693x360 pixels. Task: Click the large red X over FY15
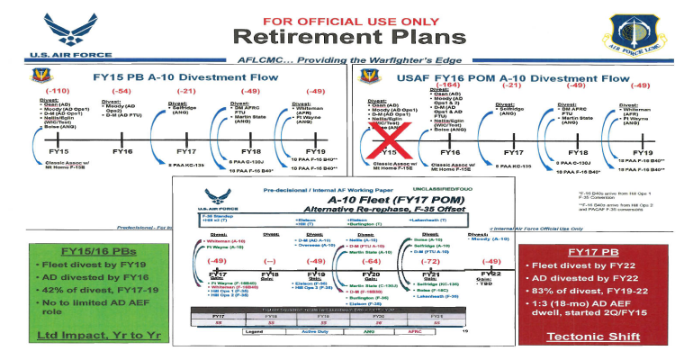393,138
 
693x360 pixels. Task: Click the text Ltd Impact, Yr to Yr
70,337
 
